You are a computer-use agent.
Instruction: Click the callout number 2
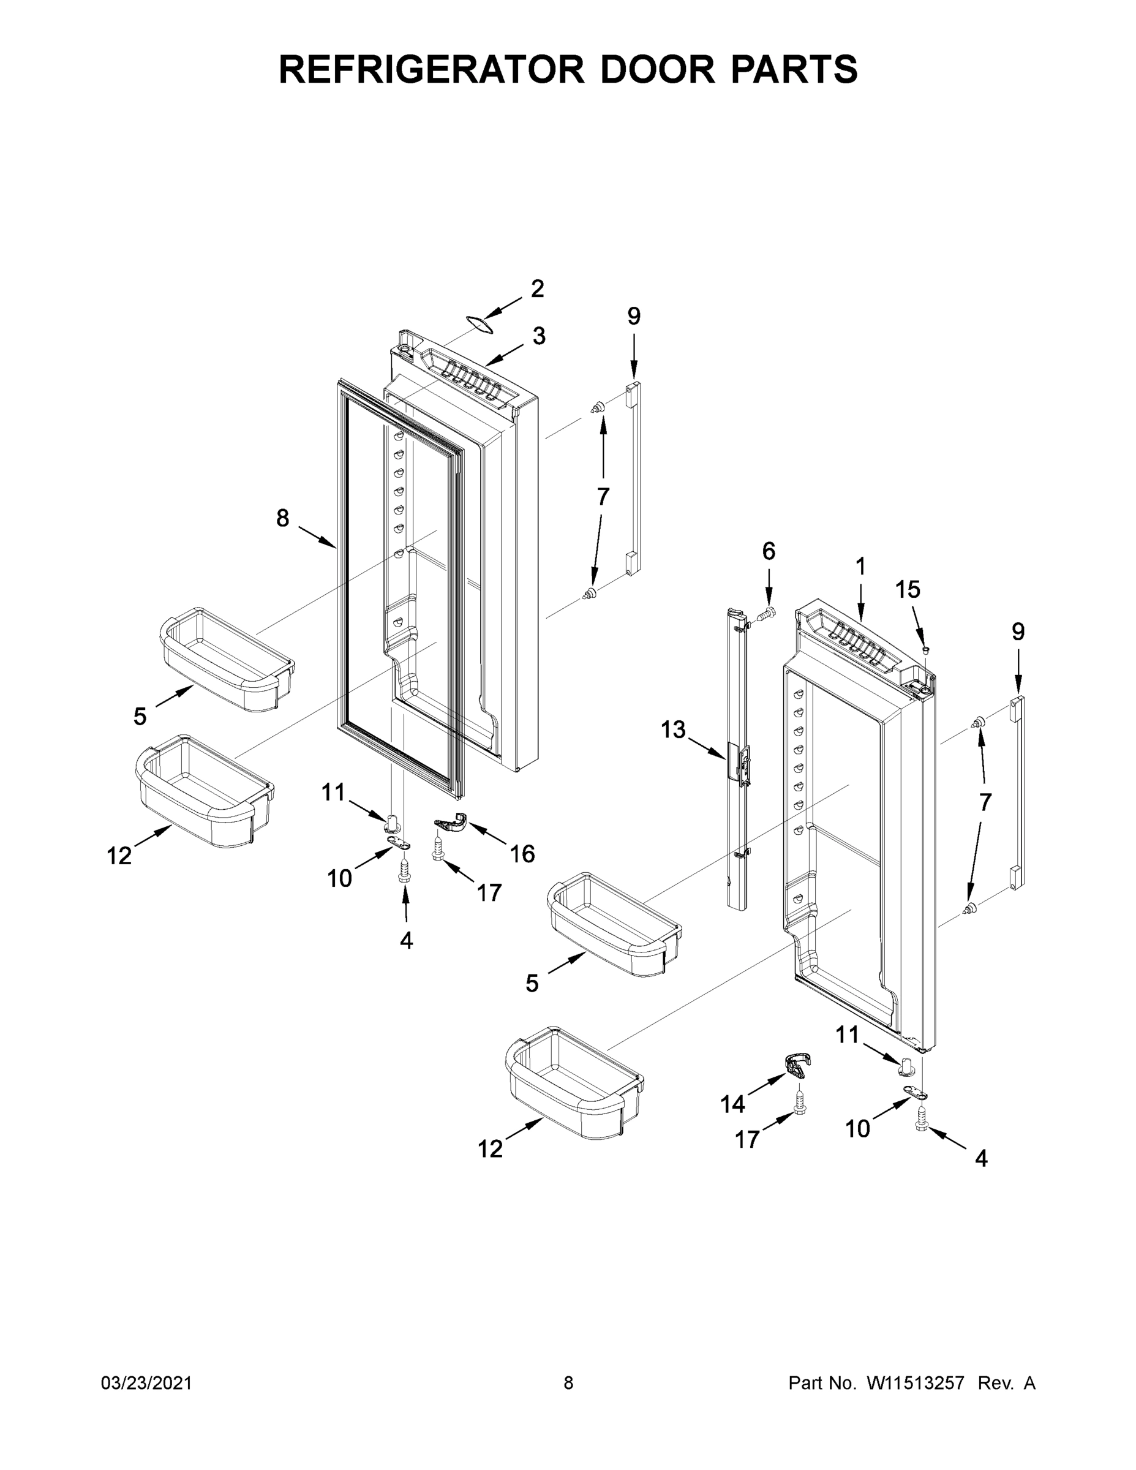537,288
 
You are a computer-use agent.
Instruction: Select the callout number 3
539,336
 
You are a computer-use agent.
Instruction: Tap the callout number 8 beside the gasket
283,518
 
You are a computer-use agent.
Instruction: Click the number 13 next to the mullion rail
672,729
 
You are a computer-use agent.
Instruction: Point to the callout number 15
907,590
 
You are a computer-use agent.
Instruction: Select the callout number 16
522,854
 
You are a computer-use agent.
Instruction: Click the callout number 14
732,1104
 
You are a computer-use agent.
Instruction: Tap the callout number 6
769,551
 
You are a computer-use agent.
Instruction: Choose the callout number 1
860,567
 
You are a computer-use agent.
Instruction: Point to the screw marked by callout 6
767,613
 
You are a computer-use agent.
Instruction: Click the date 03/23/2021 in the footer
146,1383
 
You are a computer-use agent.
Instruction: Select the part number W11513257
916,1383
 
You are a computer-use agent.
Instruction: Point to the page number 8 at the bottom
568,1383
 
